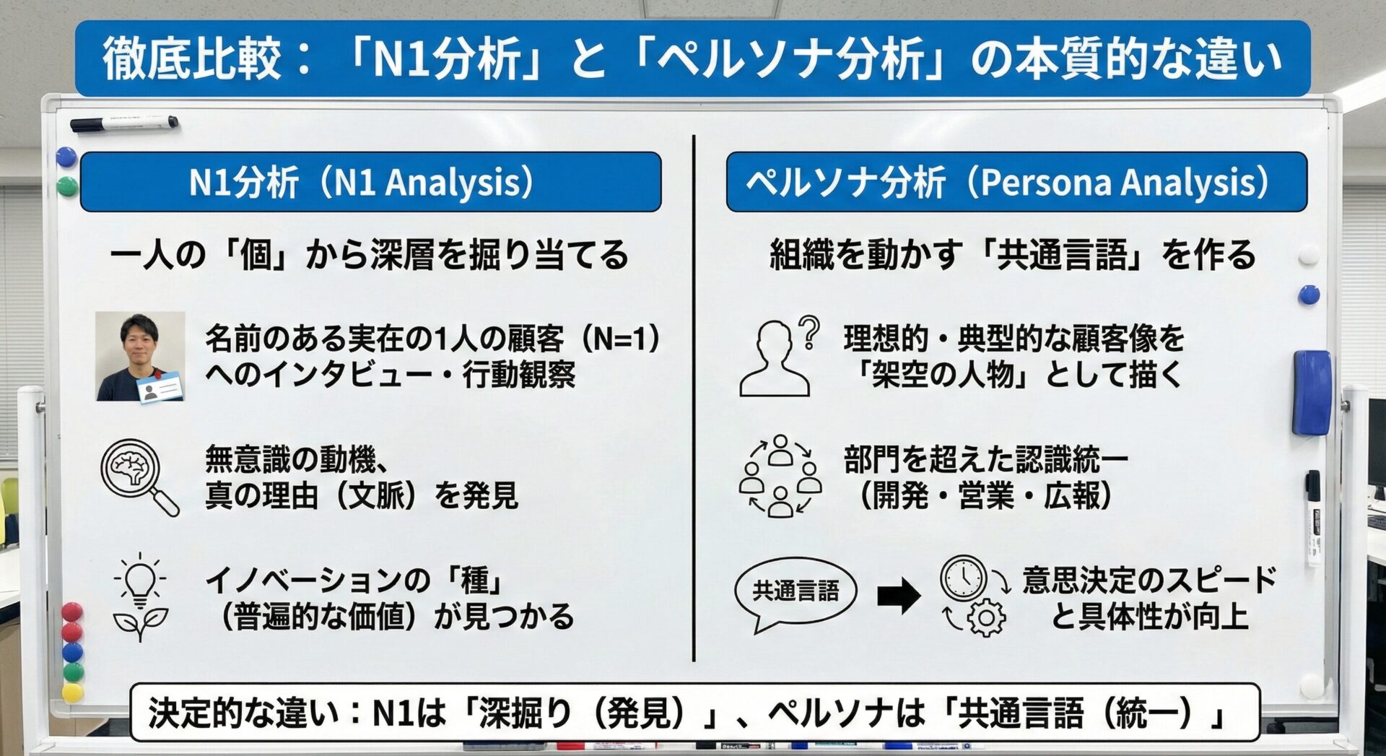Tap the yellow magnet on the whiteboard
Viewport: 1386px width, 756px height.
click(x=72, y=692)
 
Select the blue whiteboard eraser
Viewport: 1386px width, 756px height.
click(x=1311, y=393)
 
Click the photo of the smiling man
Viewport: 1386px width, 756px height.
click(x=141, y=356)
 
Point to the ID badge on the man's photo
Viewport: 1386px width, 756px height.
click(x=161, y=387)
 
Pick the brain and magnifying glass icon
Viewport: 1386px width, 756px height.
click(x=140, y=477)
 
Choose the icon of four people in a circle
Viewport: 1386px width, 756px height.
click(x=780, y=476)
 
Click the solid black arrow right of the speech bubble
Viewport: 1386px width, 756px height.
click(x=899, y=596)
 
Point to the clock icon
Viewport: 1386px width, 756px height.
click(x=963, y=577)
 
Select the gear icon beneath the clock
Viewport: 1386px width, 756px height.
click(x=986, y=617)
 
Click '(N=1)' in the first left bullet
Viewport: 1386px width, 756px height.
click(x=620, y=338)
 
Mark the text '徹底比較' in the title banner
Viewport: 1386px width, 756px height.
click(x=191, y=58)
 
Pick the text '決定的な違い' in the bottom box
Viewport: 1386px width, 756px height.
click(x=243, y=713)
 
